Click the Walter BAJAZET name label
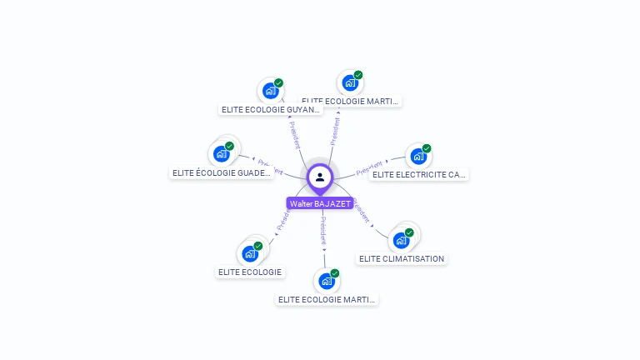click(x=320, y=203)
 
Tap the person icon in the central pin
click(x=320, y=177)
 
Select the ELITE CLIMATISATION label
click(x=402, y=258)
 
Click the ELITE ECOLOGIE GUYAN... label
click(x=270, y=109)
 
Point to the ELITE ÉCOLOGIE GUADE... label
click(x=222, y=173)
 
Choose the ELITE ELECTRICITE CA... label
click(x=419, y=174)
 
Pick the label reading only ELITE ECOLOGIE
click(x=250, y=272)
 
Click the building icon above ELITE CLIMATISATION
click(x=402, y=241)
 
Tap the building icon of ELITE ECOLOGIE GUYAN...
click(x=269, y=91)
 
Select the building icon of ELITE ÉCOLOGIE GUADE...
click(x=221, y=154)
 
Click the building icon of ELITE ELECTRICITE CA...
click(x=417, y=156)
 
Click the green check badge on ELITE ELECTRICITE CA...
click(x=427, y=148)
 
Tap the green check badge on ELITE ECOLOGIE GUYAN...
click(x=278, y=83)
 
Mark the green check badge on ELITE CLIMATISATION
click(x=409, y=232)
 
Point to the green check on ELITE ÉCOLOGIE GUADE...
click(x=229, y=147)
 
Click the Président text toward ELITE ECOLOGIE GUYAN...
click(x=295, y=133)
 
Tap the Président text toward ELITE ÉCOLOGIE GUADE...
click(x=271, y=166)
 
